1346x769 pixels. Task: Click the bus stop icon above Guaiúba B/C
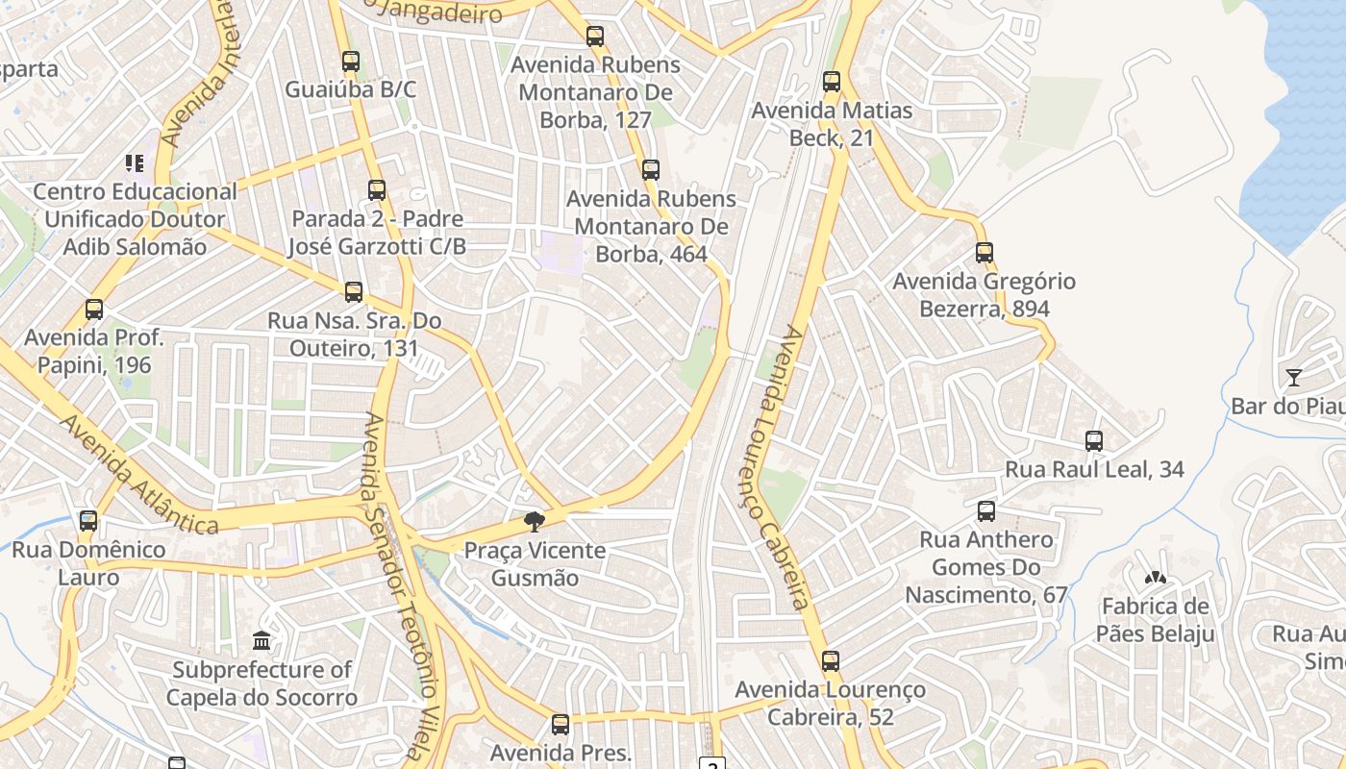click(351, 62)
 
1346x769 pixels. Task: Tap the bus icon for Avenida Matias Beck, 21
click(832, 82)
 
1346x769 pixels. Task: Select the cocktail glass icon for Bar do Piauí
click(1294, 378)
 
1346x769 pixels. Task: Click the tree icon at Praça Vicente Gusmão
click(534, 523)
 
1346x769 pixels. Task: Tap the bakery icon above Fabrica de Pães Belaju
click(1155, 579)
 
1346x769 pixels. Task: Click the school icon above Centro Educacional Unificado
click(134, 163)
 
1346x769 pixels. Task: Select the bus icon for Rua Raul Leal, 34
click(1094, 441)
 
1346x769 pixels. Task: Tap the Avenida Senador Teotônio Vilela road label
click(402, 586)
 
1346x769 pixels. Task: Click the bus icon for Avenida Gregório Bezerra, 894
click(985, 253)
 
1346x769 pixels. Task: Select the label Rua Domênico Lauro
click(88, 563)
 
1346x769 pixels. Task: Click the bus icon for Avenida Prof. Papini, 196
click(94, 310)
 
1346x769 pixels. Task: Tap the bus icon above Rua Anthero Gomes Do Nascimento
click(986, 511)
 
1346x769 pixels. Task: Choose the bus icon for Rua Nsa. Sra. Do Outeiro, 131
click(354, 291)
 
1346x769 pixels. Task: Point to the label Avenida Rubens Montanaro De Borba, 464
click(651, 227)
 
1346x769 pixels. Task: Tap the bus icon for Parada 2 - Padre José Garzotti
click(377, 190)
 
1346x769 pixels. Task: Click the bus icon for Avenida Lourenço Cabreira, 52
click(831, 661)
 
